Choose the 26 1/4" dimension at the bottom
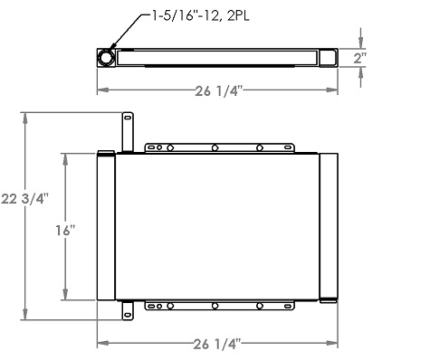217,344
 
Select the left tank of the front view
107,226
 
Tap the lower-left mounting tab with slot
128,311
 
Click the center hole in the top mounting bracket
215,147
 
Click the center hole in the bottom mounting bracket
215,307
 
